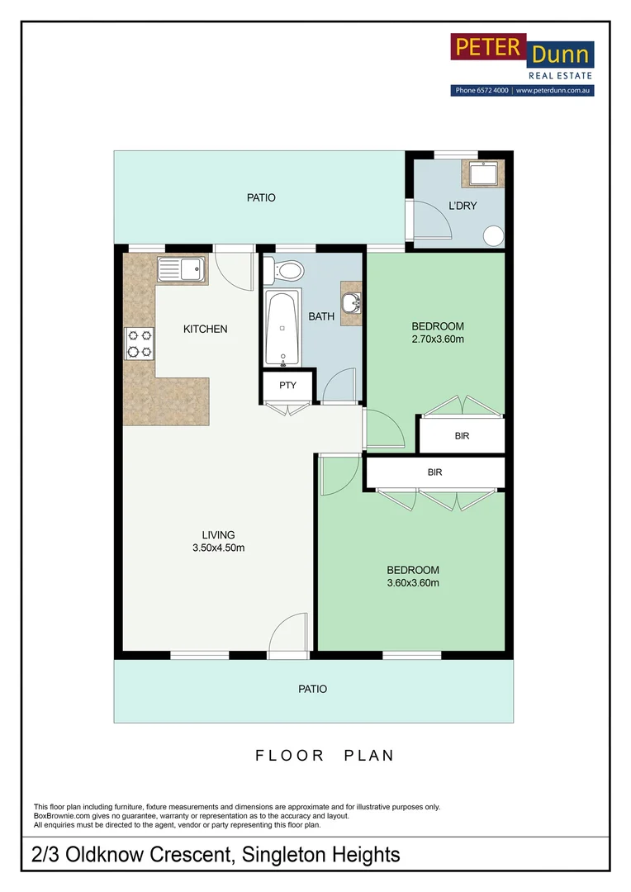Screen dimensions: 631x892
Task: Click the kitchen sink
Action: [x=180, y=269]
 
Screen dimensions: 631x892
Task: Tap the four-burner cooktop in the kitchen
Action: [x=140, y=344]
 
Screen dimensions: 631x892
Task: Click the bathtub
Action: [x=282, y=328]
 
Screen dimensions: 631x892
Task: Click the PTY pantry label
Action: [x=288, y=385]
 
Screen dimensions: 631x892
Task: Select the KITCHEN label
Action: [x=206, y=329]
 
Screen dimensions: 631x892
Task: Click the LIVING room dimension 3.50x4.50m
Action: [x=219, y=548]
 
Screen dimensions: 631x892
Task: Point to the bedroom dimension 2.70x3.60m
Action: [x=438, y=339]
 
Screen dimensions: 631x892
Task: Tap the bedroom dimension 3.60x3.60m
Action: [x=413, y=582]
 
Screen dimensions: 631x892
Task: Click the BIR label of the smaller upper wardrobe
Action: [x=462, y=436]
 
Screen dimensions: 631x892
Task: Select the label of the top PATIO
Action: [x=261, y=197]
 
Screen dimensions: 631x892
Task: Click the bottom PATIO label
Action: [x=313, y=689]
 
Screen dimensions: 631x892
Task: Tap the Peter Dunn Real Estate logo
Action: [x=522, y=64]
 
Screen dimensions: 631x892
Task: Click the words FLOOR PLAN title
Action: [x=325, y=756]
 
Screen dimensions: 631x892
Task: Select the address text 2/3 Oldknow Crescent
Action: [x=132, y=855]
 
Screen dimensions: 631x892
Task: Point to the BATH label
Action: [x=321, y=316]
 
